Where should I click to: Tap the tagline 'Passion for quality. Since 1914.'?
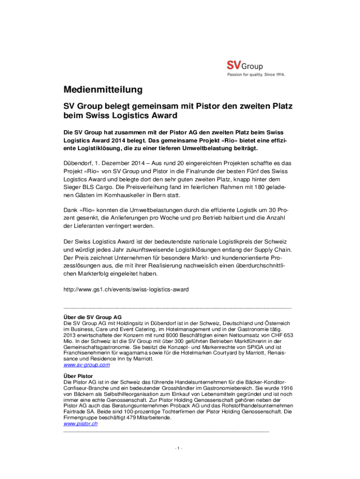[255, 74]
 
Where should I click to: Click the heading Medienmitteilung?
[103, 89]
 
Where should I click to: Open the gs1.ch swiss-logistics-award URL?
[126, 290]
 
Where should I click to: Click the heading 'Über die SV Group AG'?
[92, 317]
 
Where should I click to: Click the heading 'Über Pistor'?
[78, 376]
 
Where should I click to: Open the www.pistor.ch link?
[80, 424]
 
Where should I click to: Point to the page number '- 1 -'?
[179, 449]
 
